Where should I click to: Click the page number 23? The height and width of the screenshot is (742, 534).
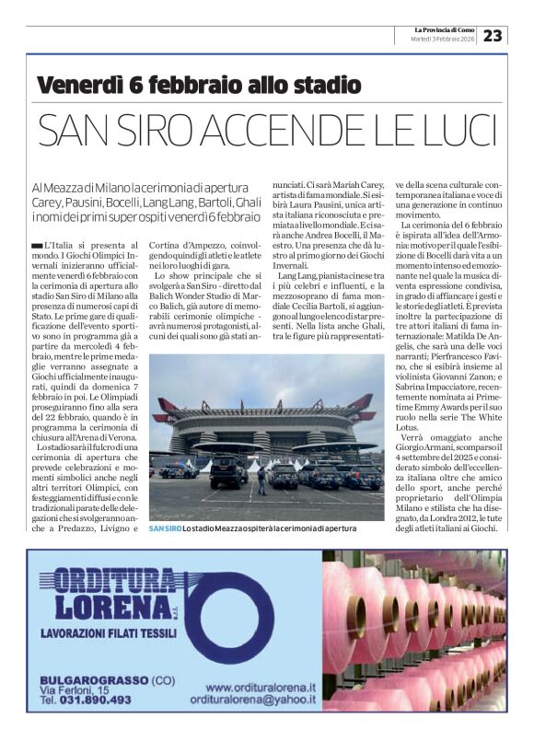click(494, 35)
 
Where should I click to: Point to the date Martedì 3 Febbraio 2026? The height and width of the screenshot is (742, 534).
click(444, 40)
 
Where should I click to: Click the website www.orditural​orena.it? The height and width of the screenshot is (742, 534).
click(261, 687)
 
